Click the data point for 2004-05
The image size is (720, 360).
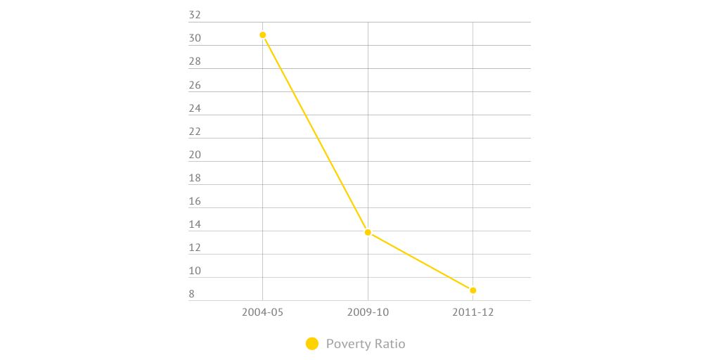pyautogui.click(x=263, y=34)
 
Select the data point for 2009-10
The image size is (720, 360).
pyautogui.click(x=368, y=232)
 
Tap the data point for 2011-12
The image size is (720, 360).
pyautogui.click(x=473, y=290)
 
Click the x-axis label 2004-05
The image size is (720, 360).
pyautogui.click(x=262, y=312)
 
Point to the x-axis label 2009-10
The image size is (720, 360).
pyautogui.click(x=368, y=312)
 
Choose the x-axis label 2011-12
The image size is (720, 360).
pyautogui.click(x=472, y=312)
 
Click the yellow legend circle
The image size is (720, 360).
pyautogui.click(x=312, y=344)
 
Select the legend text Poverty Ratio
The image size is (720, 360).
pyautogui.click(x=366, y=344)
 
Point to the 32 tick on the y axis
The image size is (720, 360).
pyautogui.click(x=195, y=15)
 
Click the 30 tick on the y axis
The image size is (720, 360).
pyautogui.click(x=195, y=39)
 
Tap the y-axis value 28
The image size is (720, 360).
pyautogui.click(x=195, y=62)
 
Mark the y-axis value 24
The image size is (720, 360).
pyautogui.click(x=195, y=108)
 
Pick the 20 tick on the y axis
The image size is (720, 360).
pyautogui.click(x=195, y=155)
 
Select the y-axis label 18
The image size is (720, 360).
pyautogui.click(x=195, y=178)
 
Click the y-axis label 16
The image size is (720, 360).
pyautogui.click(x=195, y=201)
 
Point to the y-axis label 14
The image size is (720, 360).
pyautogui.click(x=195, y=224)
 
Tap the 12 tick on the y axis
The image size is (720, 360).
pyautogui.click(x=195, y=247)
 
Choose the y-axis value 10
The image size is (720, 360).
pyautogui.click(x=195, y=271)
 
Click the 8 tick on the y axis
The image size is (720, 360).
pyautogui.click(x=192, y=294)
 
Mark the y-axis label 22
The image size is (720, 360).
pyautogui.click(x=195, y=131)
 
